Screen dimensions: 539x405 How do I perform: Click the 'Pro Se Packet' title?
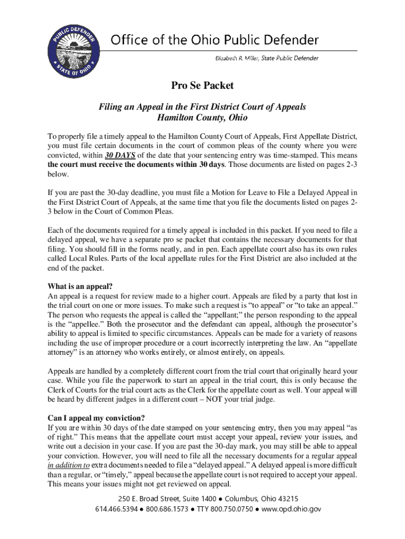(x=202, y=85)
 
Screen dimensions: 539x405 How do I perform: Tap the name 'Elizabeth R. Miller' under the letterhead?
(x=236, y=58)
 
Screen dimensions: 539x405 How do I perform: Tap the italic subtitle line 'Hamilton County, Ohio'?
(x=202, y=117)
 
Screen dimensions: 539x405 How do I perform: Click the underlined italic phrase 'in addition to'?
(x=68, y=465)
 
